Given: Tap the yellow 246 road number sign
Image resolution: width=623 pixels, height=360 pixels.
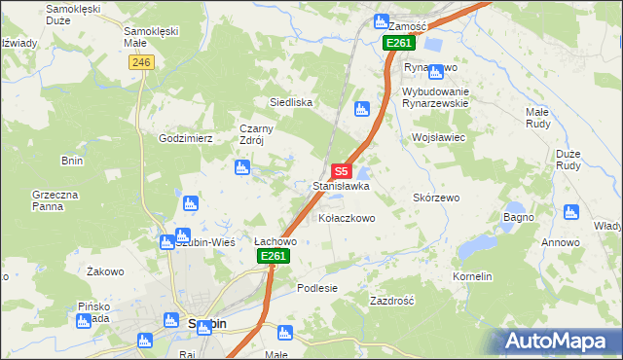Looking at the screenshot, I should [141, 61].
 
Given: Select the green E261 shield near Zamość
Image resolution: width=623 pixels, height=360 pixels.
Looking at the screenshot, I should [398, 43].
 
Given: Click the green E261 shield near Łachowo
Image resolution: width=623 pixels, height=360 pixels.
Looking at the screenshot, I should [274, 256].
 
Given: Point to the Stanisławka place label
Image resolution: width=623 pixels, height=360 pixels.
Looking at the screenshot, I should [341, 185].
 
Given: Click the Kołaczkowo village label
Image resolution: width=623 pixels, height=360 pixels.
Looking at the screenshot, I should [345, 219].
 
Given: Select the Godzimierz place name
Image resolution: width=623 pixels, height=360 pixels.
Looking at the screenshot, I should [186, 138].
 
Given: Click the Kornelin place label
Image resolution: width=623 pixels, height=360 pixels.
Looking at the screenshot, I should [472, 276].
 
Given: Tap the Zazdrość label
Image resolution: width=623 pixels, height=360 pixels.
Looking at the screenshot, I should [392, 302].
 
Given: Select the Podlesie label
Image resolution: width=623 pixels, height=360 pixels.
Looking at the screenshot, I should [317, 288].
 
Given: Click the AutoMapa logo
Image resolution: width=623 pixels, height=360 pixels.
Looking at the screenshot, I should [560, 342].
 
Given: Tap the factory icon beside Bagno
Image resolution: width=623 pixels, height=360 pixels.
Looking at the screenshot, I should [544, 210].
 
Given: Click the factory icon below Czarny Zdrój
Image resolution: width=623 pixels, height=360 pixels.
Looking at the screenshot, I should [242, 168].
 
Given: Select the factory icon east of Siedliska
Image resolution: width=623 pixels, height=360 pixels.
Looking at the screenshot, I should [362, 109].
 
